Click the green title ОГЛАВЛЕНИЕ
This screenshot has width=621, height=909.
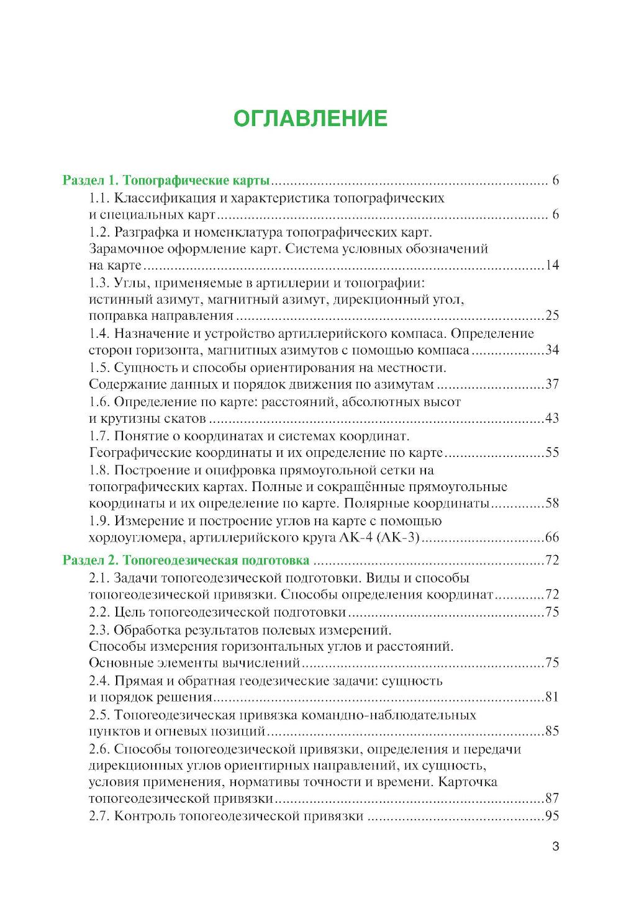pos(310,119)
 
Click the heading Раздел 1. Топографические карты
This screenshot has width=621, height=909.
pos(166,181)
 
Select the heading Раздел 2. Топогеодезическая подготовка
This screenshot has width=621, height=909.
pos(186,560)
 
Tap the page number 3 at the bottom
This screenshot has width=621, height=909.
pos(555,846)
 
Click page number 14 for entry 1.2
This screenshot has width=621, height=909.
pos(552,265)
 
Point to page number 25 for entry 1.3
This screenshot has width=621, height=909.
pos(552,315)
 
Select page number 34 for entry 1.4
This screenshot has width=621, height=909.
pos(552,350)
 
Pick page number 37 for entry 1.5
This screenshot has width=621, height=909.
pos(552,384)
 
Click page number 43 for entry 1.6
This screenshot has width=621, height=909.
pos(552,418)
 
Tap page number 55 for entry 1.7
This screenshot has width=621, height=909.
pos(552,453)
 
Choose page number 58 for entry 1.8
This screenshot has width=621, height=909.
pos(552,503)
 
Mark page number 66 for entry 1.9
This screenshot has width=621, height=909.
pos(552,538)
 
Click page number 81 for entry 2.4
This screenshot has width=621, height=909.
pos(552,697)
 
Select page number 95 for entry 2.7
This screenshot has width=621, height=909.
pos(552,816)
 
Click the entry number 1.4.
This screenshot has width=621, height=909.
pos(99,334)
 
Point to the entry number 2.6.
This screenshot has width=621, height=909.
pos(99,749)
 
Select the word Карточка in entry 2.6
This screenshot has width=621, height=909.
pos(468,782)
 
